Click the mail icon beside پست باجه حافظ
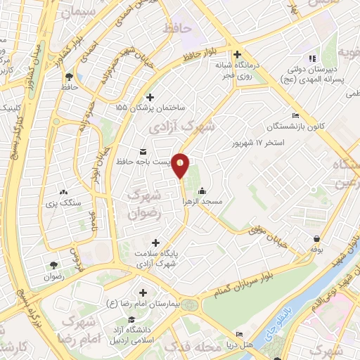[144, 152]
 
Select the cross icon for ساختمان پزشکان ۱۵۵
[149, 98]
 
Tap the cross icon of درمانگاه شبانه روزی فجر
[238, 54]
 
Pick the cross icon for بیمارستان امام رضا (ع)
[143, 292]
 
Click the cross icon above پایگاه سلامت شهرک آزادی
[155, 243]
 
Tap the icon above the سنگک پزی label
[64, 191]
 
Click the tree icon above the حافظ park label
[69, 76]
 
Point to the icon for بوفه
[319, 238]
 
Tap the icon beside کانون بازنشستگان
[295, 116]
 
